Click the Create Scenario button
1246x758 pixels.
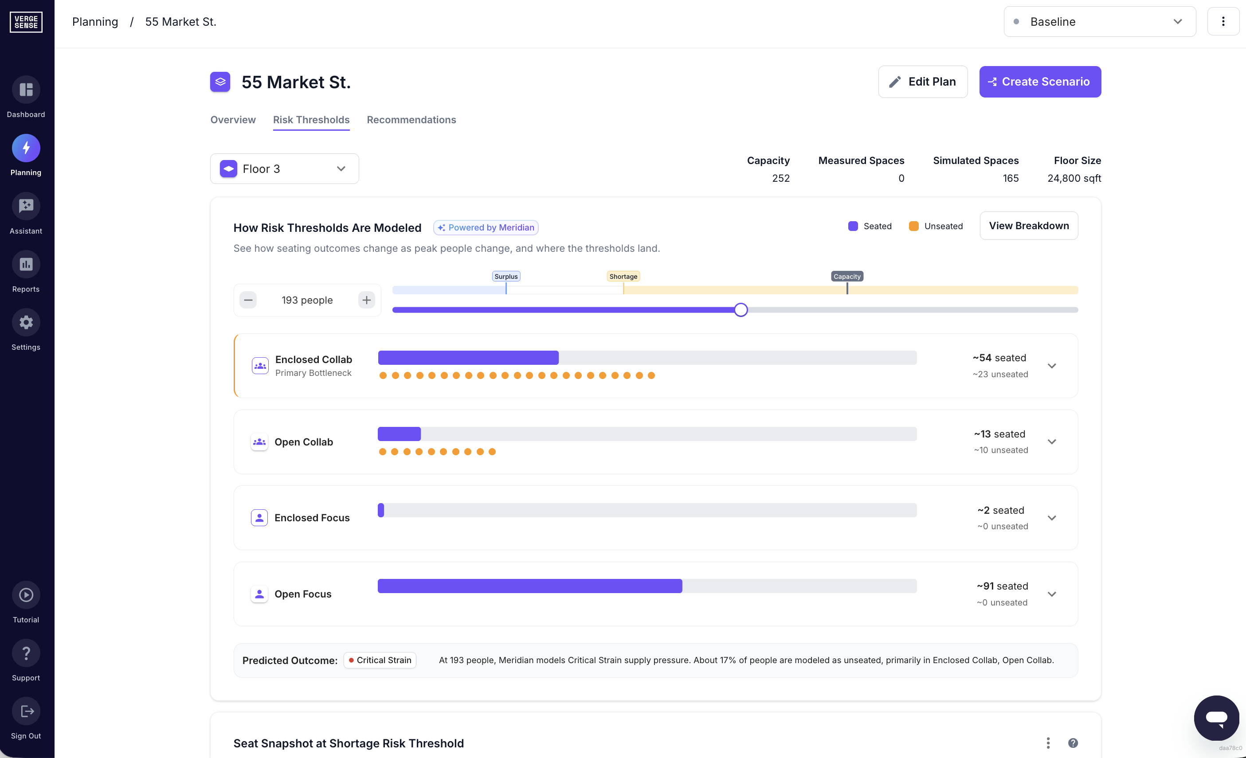coord(1040,82)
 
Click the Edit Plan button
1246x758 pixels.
coord(922,82)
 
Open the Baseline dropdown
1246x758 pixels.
coord(1099,22)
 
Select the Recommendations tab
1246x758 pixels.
coord(411,120)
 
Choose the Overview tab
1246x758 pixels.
coord(233,120)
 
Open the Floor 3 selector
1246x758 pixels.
coord(284,169)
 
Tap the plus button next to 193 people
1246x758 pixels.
coord(366,301)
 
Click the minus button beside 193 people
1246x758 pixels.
coord(248,301)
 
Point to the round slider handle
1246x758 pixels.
coord(741,310)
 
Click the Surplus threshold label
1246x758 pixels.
coord(505,277)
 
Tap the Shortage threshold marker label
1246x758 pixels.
coord(623,277)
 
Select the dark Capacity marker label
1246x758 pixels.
coord(846,277)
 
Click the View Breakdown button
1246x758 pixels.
coord(1029,226)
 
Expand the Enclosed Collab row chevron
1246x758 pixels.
coord(1052,366)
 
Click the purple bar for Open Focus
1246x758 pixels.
coord(529,586)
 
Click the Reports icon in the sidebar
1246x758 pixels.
coord(26,265)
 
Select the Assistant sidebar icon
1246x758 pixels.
coord(26,206)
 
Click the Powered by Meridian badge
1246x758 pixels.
coord(486,228)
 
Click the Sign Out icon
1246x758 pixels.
coord(26,711)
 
